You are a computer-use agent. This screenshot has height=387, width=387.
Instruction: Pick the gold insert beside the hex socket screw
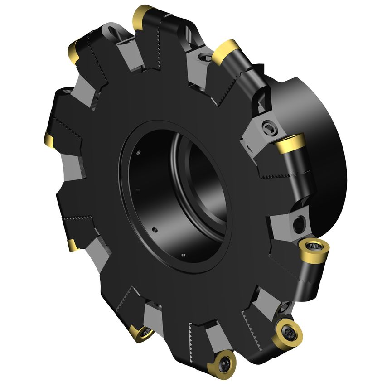pos(290,144)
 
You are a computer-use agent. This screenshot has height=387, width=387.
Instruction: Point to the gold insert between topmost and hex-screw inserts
pos(225,50)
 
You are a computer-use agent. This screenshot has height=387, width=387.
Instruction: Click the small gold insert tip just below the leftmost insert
pos(73,245)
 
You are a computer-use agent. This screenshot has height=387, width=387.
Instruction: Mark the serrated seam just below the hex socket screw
pos(276,174)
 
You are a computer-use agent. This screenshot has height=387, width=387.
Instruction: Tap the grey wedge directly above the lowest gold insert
pos(213,338)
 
